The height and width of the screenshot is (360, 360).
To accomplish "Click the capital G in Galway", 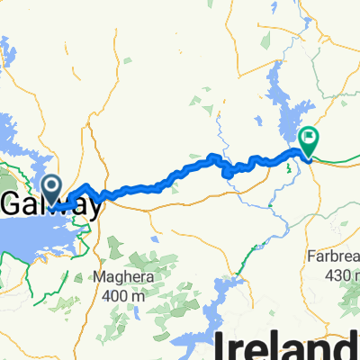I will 13,204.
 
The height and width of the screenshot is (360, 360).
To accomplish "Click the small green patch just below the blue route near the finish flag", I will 290,166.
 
